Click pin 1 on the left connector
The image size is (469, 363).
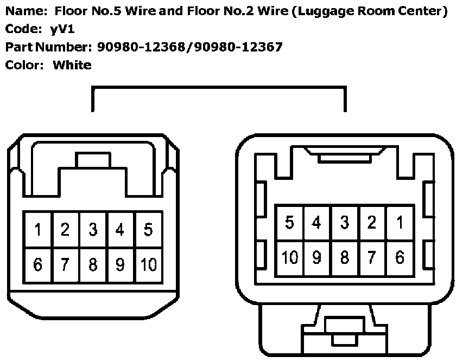[x=37, y=230]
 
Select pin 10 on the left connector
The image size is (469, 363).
[x=148, y=264]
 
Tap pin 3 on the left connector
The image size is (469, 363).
[x=93, y=230]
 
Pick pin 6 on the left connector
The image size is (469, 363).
[x=37, y=264]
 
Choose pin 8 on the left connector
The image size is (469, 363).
[x=93, y=264]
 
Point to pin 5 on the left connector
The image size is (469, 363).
[x=148, y=230]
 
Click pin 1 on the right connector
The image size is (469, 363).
[x=400, y=222]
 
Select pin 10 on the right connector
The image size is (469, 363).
[x=290, y=257]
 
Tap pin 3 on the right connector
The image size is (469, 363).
[x=345, y=222]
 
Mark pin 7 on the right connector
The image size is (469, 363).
[x=372, y=257]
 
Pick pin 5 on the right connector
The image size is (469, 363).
[x=290, y=222]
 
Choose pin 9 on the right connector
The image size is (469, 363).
[x=317, y=257]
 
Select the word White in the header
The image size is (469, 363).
[x=72, y=65]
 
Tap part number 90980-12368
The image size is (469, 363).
[x=142, y=47]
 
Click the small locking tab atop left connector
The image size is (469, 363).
[x=93, y=160]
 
